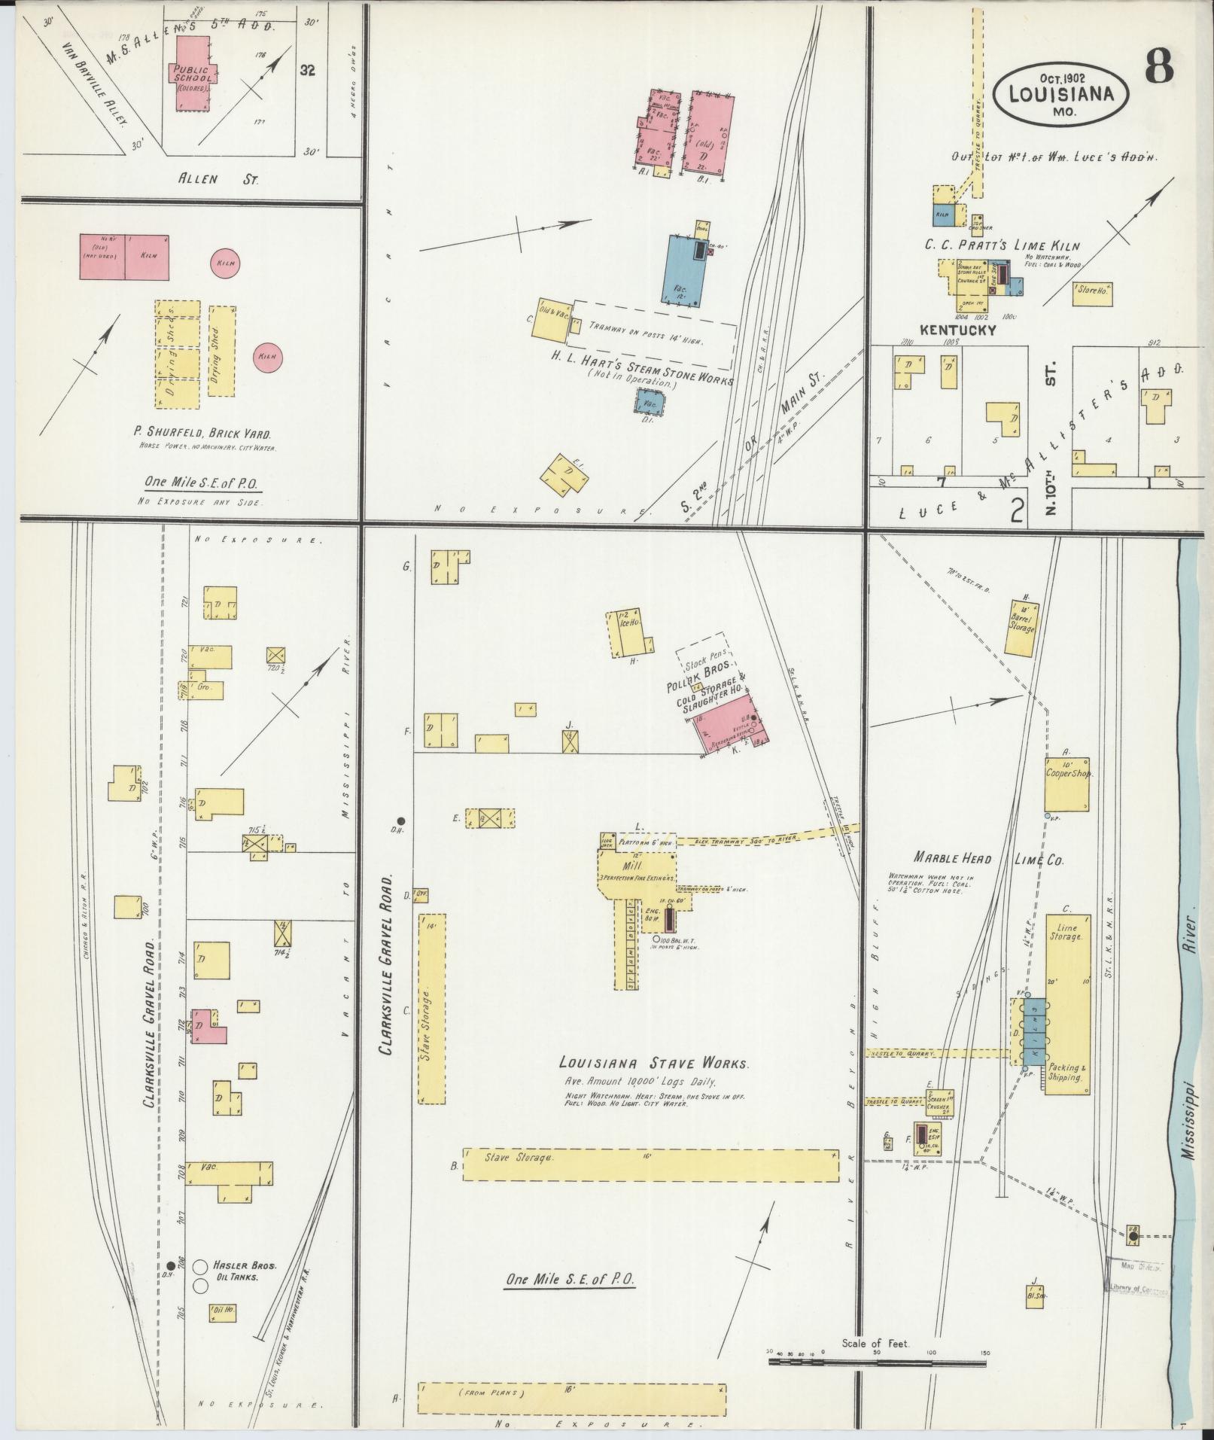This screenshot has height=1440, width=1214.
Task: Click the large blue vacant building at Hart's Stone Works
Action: click(685, 269)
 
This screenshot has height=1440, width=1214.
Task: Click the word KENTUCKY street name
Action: click(957, 330)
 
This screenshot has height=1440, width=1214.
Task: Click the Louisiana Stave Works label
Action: click(653, 1064)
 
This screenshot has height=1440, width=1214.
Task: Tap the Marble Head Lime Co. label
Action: click(987, 859)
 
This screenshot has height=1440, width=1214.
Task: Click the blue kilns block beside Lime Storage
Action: click(1034, 1031)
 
